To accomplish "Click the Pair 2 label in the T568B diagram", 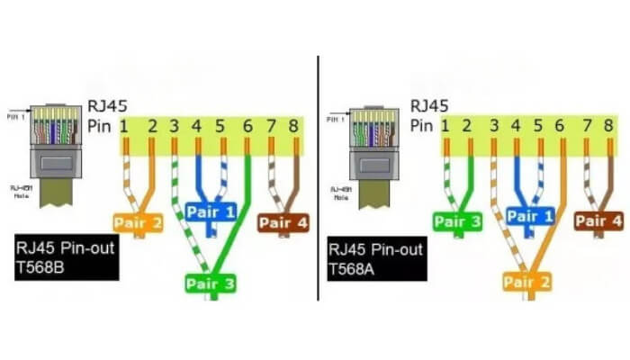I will [138, 221].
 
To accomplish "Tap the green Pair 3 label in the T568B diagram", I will [211, 284].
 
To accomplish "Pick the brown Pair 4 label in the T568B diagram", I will [283, 221].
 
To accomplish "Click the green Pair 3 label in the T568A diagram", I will [456, 221].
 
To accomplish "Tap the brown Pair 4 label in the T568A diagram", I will [598, 221].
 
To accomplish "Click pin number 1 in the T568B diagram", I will [123, 126].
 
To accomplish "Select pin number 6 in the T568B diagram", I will [247, 126].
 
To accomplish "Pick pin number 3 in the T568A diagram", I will [493, 126].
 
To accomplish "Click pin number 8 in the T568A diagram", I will [611, 126].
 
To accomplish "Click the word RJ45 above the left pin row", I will [107, 106].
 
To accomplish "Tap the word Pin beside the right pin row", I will [421, 126].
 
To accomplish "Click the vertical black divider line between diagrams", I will [318, 180].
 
